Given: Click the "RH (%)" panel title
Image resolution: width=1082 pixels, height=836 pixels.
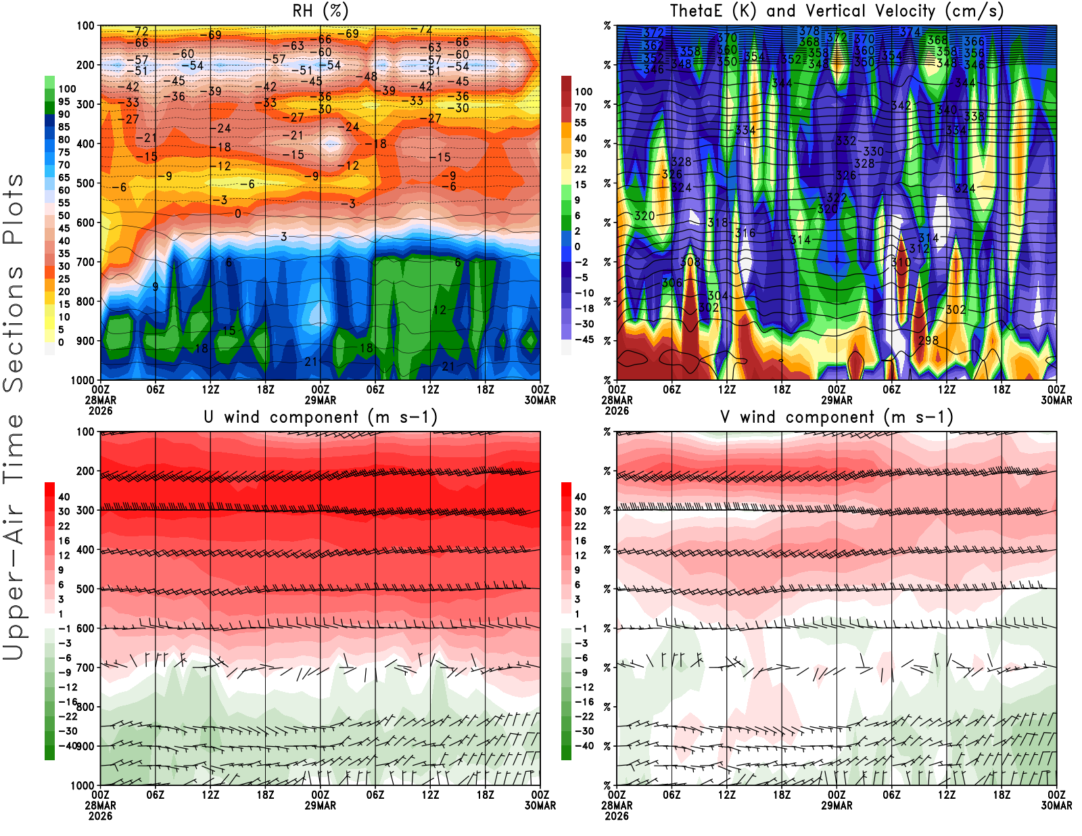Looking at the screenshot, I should tap(321, 11).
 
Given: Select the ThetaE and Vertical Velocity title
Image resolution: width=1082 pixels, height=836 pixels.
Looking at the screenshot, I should tap(837, 11).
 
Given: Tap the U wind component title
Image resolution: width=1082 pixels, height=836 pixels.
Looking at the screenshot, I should tap(321, 417).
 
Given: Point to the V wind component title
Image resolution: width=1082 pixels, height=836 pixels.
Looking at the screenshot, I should tap(837, 417).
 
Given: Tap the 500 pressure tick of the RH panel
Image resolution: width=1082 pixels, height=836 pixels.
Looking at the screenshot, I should tap(85, 183).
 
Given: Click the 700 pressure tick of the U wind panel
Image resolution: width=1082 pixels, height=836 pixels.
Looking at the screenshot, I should tap(85, 668).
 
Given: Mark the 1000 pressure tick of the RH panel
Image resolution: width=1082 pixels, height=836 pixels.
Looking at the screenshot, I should tap(83, 380).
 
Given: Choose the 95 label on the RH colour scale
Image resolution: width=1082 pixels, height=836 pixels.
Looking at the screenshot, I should tap(64, 101).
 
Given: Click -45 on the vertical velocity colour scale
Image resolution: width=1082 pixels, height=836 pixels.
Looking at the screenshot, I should tap(584, 340).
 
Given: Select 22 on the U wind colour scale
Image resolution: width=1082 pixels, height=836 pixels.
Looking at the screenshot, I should tap(64, 526).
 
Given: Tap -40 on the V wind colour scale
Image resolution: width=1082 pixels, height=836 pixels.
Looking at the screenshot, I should tap(584, 746).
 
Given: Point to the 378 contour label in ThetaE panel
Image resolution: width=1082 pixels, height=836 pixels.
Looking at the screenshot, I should tap(809, 31).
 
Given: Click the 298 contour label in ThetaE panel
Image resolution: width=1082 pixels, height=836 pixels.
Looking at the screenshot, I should tap(928, 340).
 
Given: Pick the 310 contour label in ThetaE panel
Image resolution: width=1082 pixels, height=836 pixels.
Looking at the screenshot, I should tap(901, 262).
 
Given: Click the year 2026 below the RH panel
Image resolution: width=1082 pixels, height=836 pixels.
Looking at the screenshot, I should tap(100, 411).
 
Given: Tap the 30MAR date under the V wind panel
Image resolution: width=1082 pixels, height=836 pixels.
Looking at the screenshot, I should tap(1056, 806).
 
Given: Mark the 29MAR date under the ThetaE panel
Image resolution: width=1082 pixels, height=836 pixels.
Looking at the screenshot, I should tap(837, 400).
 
